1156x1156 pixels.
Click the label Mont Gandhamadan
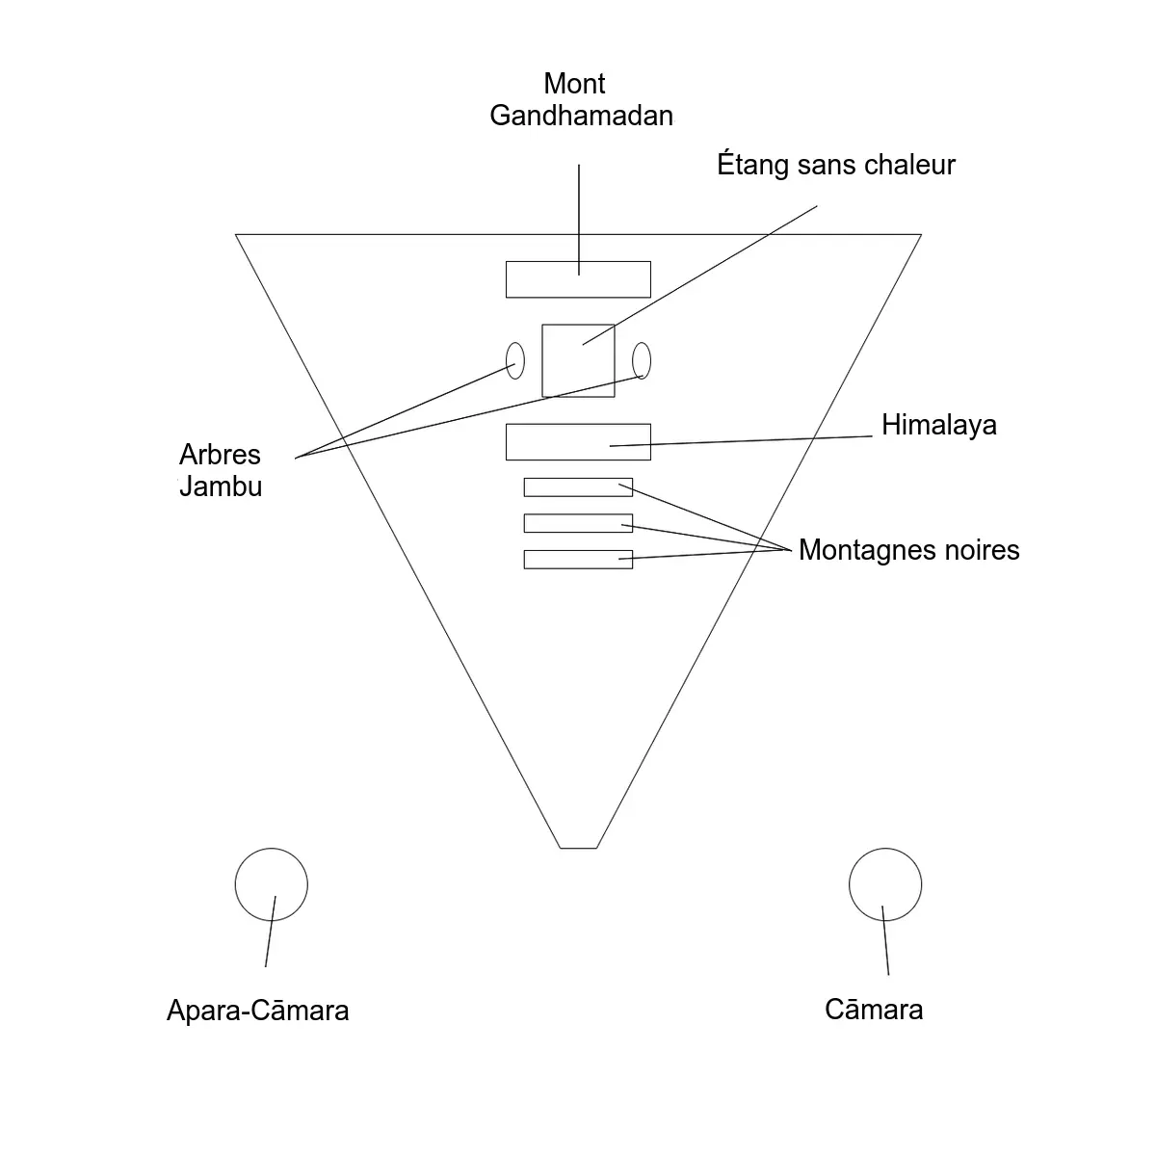[x=580, y=100]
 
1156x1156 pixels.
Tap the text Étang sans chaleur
[x=835, y=165]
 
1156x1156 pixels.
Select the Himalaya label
[x=938, y=425]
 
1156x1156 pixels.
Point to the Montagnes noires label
[x=908, y=550]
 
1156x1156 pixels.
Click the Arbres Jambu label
[x=221, y=470]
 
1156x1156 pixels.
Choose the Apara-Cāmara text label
[x=257, y=1011]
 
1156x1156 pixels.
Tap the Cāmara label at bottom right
[x=874, y=1010]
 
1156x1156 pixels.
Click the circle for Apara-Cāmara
[x=271, y=884]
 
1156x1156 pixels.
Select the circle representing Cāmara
[x=885, y=884]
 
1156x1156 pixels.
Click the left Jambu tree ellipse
[x=515, y=361]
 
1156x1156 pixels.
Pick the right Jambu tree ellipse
[x=642, y=361]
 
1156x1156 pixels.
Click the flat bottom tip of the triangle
[x=578, y=848]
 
